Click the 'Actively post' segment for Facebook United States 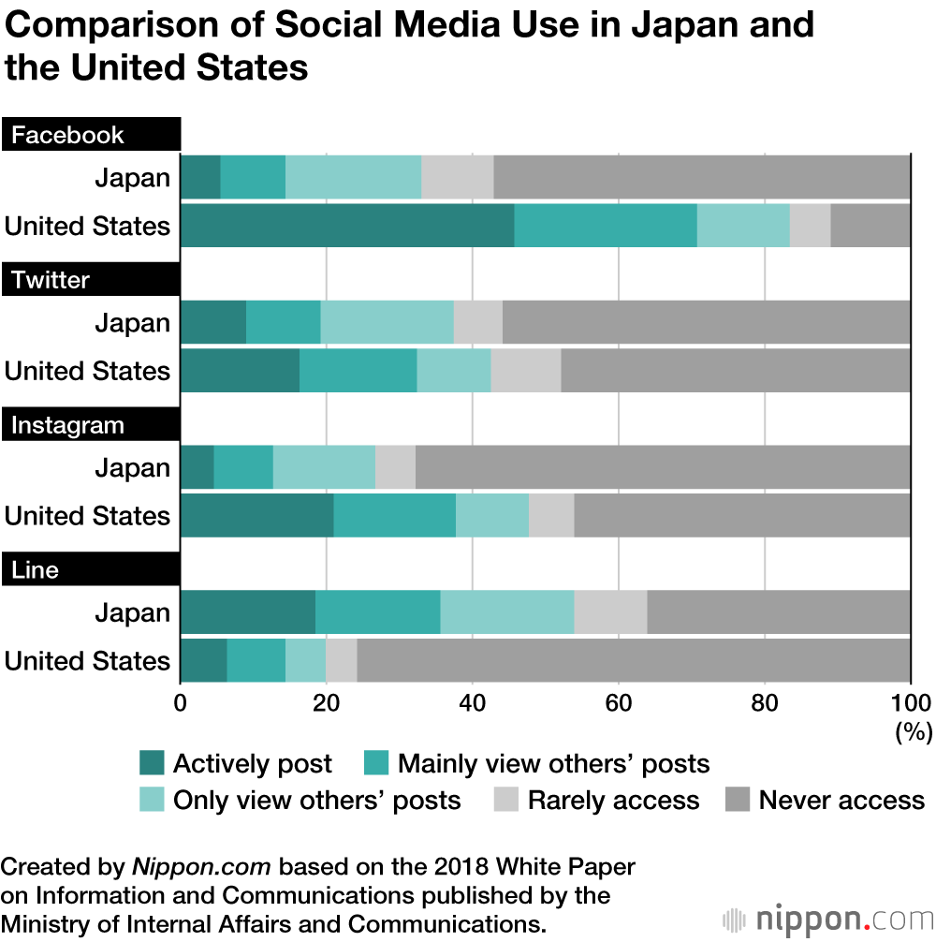[346, 226]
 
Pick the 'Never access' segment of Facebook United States [870, 226]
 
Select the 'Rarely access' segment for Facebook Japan [457, 178]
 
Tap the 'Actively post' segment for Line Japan [247, 612]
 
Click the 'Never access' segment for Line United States [633, 660]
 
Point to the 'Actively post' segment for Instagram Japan [197, 467]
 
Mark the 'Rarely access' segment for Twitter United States [525, 371]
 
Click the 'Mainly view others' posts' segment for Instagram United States [394, 515]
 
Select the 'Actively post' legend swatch [151, 764]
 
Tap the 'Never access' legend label [841, 801]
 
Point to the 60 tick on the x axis [619, 703]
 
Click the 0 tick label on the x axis [181, 703]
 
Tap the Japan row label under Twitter [132, 323]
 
